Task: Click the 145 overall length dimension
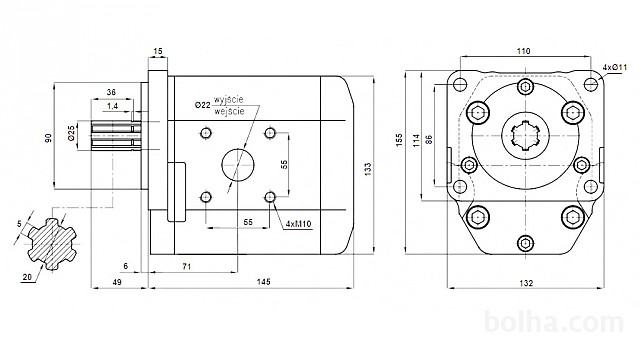(x=263, y=282)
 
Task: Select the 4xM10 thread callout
(x=298, y=224)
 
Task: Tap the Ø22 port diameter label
(x=202, y=105)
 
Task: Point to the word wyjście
(x=229, y=100)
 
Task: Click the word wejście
(x=229, y=111)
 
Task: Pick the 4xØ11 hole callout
(x=614, y=67)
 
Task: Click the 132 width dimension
(x=526, y=283)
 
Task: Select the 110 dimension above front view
(x=523, y=51)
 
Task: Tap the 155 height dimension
(x=399, y=140)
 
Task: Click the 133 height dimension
(x=368, y=169)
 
